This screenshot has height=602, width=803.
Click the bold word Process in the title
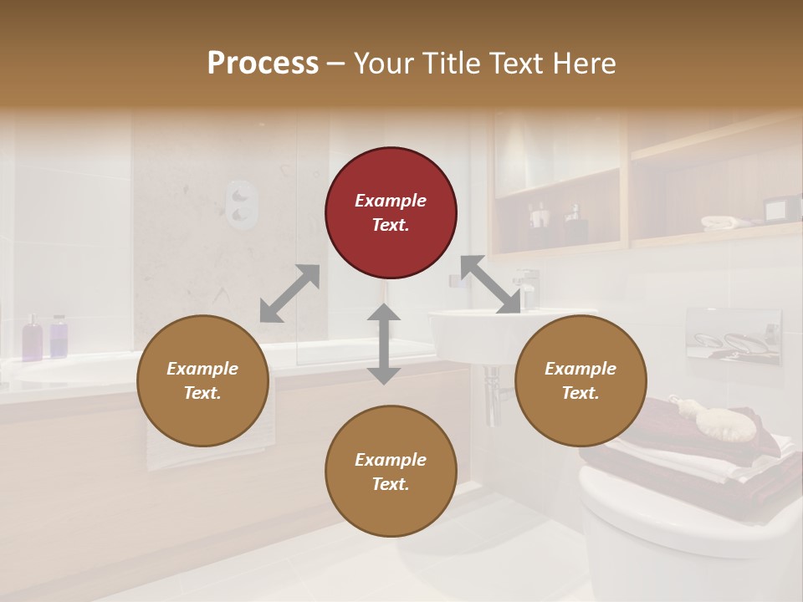263,64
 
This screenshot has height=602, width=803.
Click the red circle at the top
391,213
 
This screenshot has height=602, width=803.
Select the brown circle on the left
202,380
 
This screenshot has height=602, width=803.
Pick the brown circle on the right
581,380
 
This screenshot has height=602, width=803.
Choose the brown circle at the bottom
391,471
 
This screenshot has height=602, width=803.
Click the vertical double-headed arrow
384,344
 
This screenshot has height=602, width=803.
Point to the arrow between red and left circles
289,293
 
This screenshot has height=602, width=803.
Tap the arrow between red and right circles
490,284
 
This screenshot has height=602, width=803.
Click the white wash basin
477,334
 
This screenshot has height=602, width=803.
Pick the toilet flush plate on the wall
734,336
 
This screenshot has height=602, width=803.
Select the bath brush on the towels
719,418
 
